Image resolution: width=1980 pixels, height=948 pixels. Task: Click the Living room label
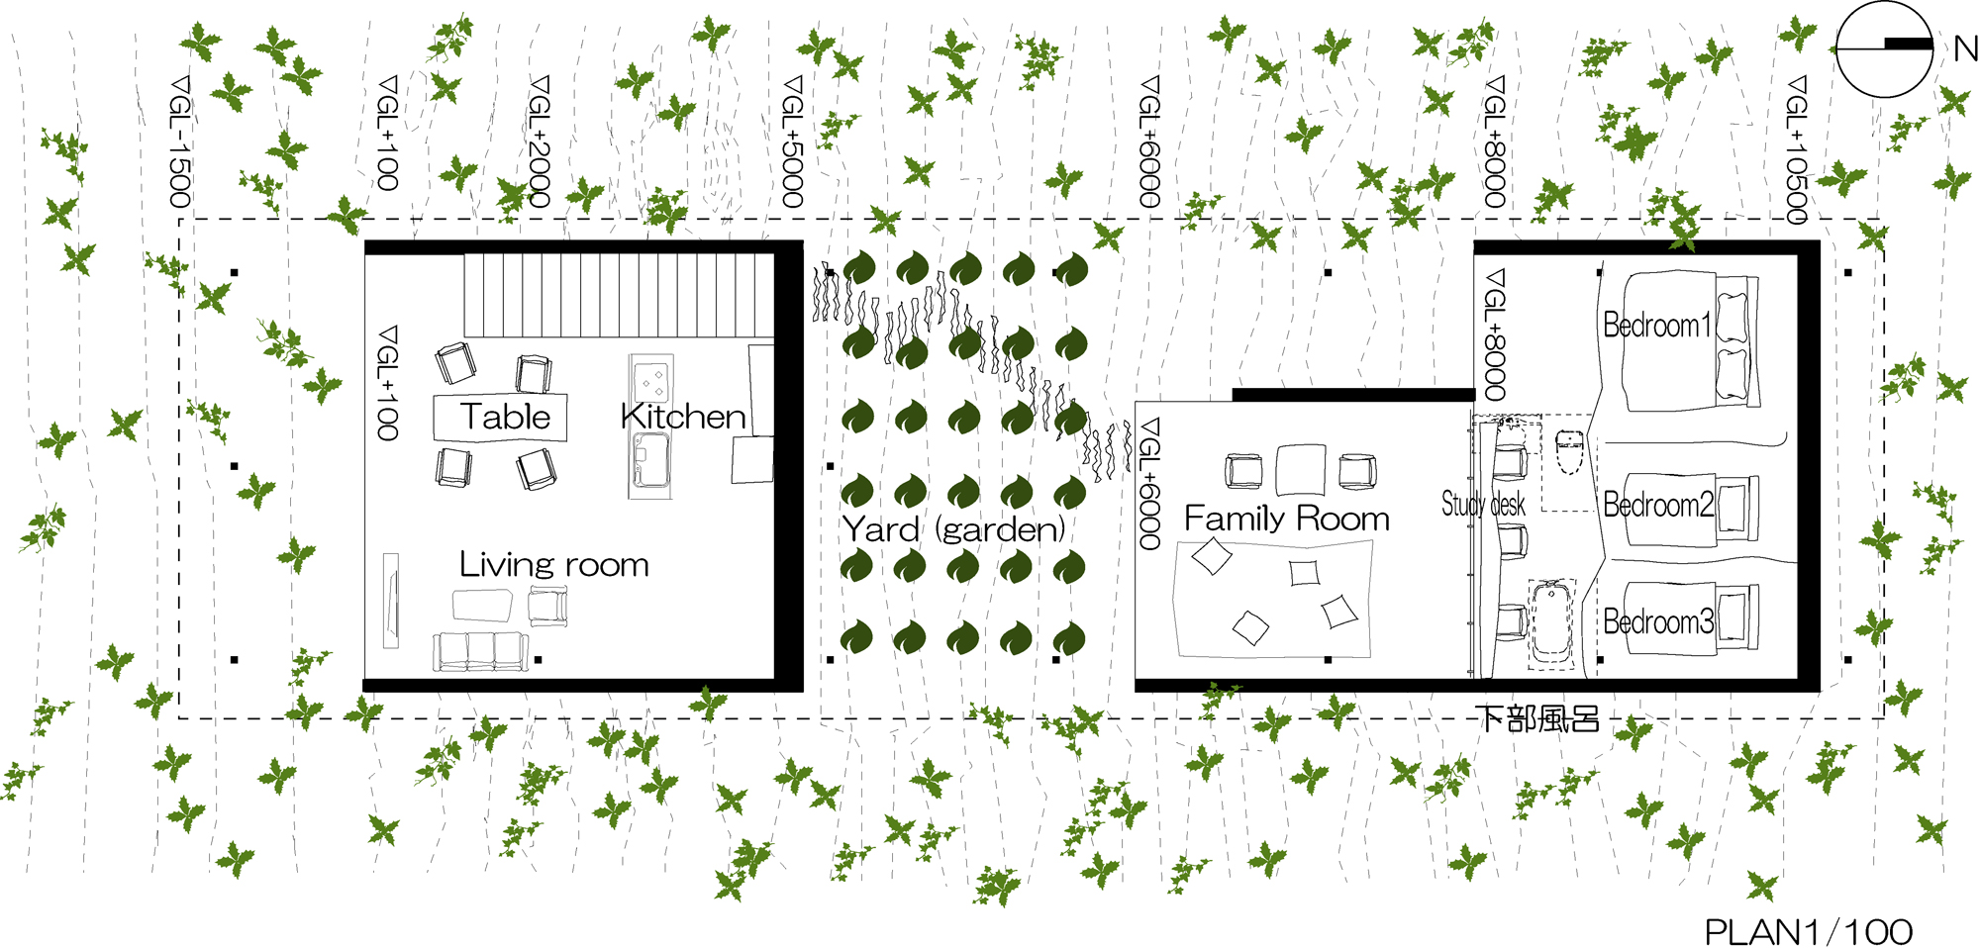553,565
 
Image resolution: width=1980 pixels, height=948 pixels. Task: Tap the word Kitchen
683,417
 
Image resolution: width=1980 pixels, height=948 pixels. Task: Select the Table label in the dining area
504,417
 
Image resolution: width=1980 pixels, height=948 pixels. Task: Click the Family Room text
1286,519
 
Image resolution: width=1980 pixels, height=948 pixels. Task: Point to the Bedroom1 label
1656,325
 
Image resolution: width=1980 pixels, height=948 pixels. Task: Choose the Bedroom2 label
1657,505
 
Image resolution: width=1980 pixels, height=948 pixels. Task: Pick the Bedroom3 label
1657,621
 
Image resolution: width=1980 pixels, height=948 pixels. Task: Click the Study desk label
1482,504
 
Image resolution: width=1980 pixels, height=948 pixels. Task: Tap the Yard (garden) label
953,529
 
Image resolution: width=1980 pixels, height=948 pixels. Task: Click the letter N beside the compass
1965,47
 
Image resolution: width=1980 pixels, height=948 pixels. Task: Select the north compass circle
1884,48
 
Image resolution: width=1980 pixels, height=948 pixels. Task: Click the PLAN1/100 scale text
1808,931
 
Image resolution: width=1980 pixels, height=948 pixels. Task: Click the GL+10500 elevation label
1796,148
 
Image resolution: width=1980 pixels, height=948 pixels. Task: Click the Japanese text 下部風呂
1537,718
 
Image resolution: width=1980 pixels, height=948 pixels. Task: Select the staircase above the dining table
619,295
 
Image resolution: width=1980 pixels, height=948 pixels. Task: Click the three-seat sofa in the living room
480,651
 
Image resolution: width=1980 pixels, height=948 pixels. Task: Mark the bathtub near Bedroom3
1550,621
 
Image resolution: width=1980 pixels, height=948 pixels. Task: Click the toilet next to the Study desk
1570,452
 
